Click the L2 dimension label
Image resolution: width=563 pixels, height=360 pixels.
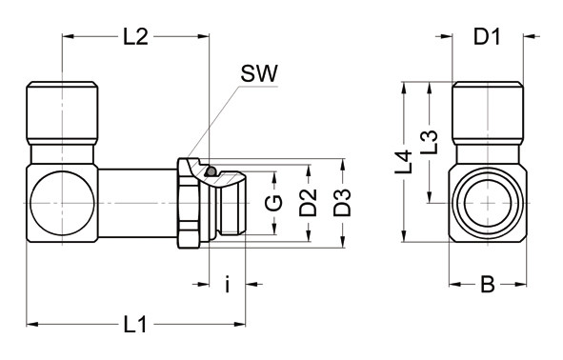coord(135,36)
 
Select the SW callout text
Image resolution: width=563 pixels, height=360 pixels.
coord(259,73)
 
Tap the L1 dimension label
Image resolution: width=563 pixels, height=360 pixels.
coord(135,325)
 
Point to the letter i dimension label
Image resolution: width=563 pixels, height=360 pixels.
coord(227,284)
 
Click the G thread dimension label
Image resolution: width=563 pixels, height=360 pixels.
coord(273,203)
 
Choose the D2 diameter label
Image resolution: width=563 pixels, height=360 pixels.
coord(308,203)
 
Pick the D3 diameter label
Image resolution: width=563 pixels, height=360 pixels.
coord(342,203)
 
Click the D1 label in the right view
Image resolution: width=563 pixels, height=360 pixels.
coord(487,36)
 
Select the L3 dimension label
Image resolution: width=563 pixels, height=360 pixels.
coord(429,142)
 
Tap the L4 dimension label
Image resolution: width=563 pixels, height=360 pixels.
coord(403,162)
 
